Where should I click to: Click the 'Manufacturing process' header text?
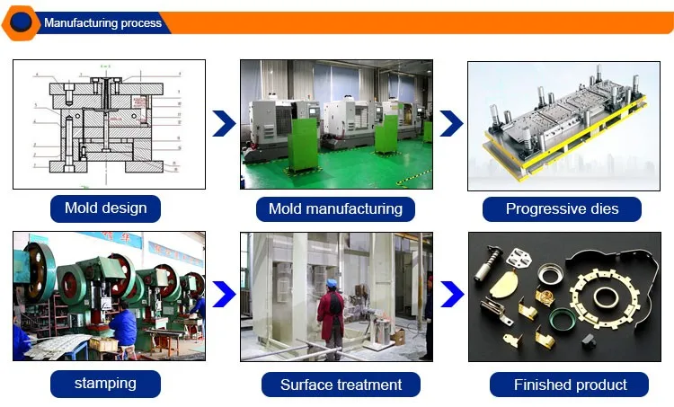[x=103, y=22]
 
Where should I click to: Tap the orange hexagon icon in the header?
[x=20, y=22]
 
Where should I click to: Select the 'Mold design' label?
[x=105, y=208]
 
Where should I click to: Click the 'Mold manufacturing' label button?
[x=335, y=209]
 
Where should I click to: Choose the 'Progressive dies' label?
[x=562, y=209]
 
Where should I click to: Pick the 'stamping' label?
[x=105, y=384]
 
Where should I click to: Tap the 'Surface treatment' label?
[x=341, y=385]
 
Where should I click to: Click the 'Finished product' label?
[x=570, y=385]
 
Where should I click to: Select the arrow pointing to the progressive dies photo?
[x=451, y=125]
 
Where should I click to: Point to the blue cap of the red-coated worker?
[x=331, y=284]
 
